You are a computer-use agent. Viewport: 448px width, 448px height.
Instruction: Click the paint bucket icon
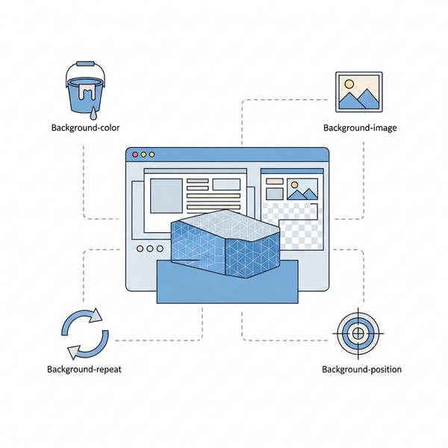point(86,90)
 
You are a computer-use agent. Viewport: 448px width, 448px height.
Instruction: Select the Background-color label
point(85,128)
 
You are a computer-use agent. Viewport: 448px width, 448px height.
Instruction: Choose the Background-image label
point(359,128)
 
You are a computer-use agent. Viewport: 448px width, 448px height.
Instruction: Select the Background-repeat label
point(84,369)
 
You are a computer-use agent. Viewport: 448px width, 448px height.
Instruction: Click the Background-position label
point(361,370)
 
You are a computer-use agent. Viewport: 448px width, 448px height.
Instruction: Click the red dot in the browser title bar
point(135,154)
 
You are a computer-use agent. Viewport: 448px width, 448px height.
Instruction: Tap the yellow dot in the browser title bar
point(152,154)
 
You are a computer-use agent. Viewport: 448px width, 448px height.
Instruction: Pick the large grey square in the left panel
point(166,196)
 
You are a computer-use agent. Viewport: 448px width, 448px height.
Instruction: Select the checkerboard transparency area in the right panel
point(299,228)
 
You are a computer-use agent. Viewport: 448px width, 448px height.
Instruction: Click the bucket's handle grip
point(87,64)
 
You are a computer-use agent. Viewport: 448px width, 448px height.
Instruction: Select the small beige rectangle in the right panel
point(275,181)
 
